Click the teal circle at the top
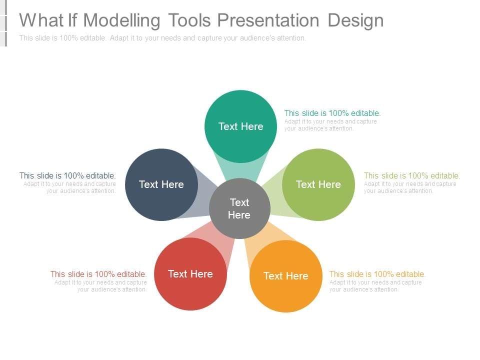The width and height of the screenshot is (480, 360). click(x=240, y=126)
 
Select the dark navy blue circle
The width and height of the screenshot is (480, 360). click(x=161, y=184)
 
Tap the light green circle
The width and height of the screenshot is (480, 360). click(x=318, y=184)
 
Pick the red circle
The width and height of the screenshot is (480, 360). click(x=190, y=274)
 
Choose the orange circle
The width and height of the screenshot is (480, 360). click(x=286, y=276)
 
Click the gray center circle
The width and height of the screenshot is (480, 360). click(x=239, y=208)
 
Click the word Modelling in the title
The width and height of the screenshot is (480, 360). click(x=121, y=20)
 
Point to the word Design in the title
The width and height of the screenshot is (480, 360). click(x=355, y=21)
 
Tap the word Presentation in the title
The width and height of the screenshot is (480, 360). click(x=268, y=20)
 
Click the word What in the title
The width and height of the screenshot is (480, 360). click(x=41, y=20)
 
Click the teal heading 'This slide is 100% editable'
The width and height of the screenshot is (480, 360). click(x=332, y=113)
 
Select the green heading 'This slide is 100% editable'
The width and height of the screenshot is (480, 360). click(x=412, y=175)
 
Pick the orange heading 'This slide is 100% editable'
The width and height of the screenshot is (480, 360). click(x=377, y=274)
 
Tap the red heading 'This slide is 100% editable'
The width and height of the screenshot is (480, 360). click(x=98, y=274)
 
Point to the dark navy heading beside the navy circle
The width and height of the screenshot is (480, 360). click(x=67, y=175)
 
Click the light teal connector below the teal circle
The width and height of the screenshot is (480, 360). click(x=240, y=170)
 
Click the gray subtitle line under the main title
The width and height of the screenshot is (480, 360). click(x=162, y=38)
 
